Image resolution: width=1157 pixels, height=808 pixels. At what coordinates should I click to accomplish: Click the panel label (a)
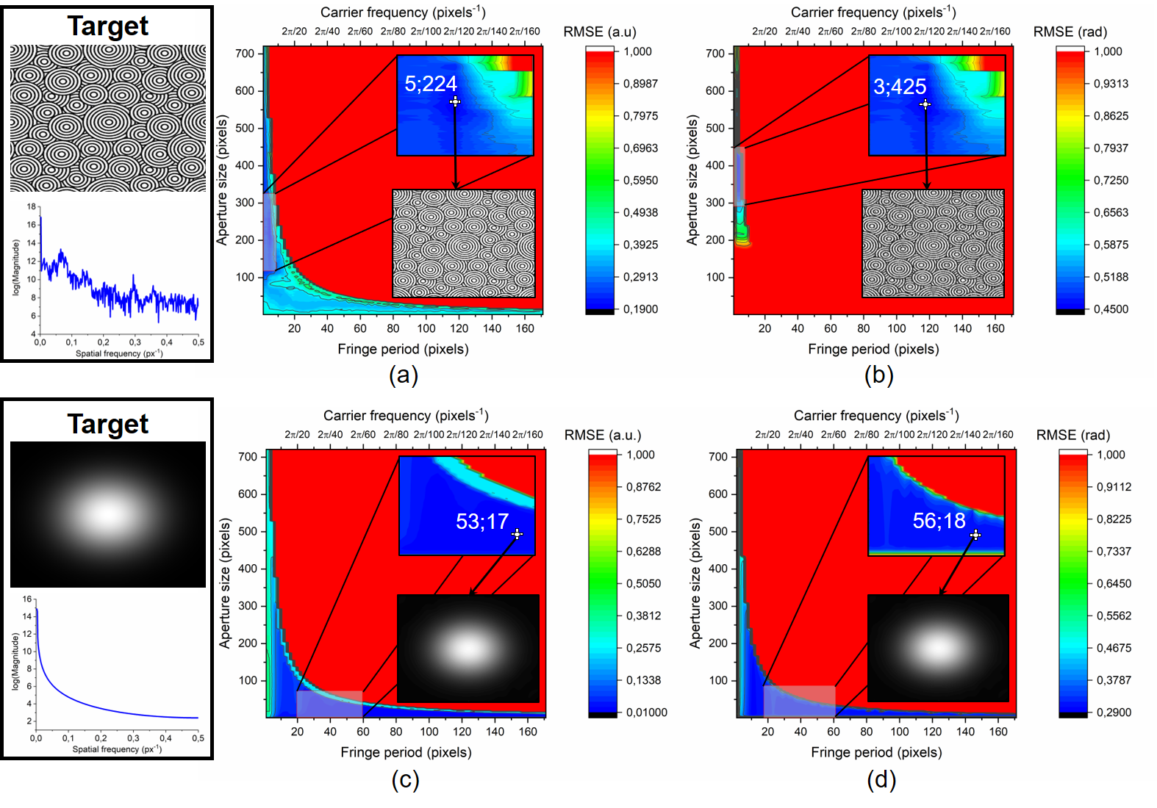[403, 375]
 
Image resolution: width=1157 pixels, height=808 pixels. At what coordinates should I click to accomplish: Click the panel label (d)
[881, 779]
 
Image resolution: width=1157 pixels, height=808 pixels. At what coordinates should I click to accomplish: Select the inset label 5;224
[431, 84]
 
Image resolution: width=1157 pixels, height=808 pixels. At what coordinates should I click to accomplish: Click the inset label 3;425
[900, 87]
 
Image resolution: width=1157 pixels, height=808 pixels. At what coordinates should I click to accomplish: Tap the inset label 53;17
[482, 522]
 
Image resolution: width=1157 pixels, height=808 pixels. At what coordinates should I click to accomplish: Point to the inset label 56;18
[939, 521]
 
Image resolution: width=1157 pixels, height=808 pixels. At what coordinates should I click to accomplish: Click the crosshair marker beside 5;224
[455, 101]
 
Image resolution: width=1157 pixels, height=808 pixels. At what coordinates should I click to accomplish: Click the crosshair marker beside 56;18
[975, 535]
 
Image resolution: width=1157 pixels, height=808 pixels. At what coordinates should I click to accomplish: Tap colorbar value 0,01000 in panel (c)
[646, 713]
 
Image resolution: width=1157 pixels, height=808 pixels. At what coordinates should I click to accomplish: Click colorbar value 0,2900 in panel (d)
[1114, 713]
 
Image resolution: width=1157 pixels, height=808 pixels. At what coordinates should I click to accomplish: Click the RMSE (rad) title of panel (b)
[1070, 32]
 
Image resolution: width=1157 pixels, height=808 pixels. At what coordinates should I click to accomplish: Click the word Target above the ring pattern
[108, 26]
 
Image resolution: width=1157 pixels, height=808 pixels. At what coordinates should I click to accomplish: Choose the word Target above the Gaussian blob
[108, 424]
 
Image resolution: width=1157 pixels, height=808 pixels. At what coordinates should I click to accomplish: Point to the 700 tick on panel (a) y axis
[245, 54]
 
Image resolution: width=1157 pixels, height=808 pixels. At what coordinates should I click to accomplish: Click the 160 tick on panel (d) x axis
[998, 732]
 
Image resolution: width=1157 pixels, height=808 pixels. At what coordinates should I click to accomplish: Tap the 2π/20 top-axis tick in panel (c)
[297, 435]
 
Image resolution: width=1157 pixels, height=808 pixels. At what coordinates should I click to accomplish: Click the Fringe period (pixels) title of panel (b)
[873, 349]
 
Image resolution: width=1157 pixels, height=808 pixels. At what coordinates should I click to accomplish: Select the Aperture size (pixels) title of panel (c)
[225, 582]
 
